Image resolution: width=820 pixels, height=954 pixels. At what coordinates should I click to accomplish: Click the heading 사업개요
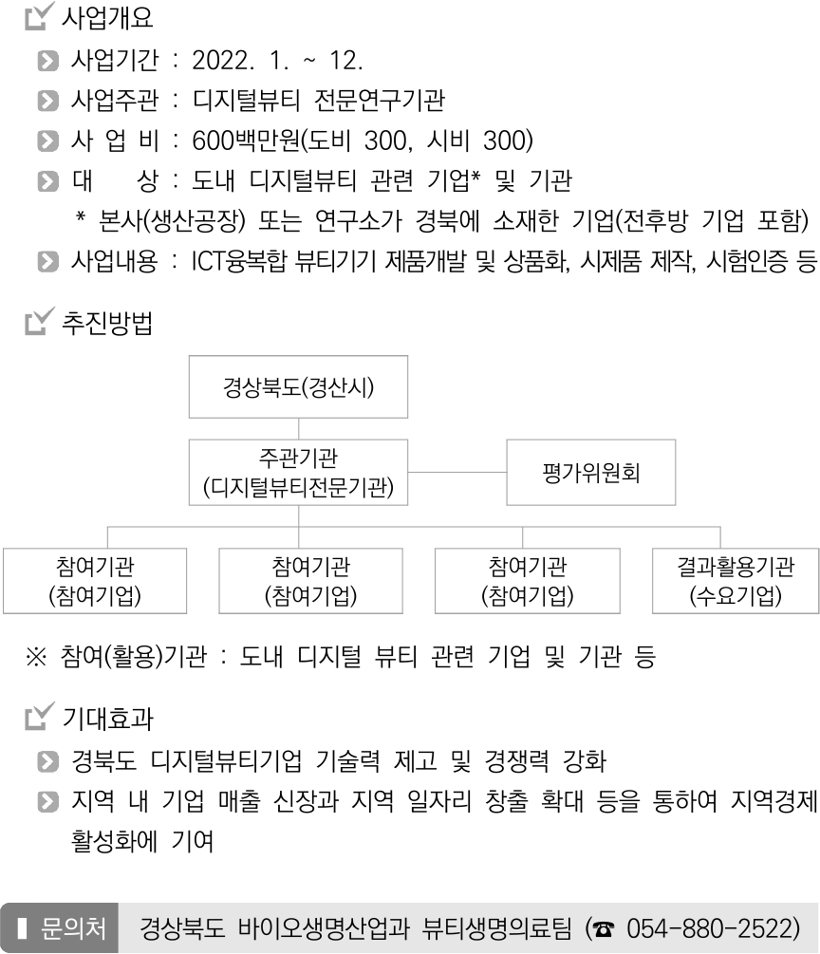pyautogui.click(x=107, y=18)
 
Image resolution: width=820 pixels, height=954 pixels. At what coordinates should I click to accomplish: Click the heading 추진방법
pyautogui.click(x=107, y=323)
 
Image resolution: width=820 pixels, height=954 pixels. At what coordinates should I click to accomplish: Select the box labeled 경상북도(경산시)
pyautogui.click(x=298, y=387)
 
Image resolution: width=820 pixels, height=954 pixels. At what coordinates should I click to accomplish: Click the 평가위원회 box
pyautogui.click(x=590, y=472)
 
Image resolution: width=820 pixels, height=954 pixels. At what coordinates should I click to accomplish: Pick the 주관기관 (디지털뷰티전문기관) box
pyautogui.click(x=298, y=472)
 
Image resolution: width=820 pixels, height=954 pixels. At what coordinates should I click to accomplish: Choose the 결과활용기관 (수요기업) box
pyautogui.click(x=736, y=581)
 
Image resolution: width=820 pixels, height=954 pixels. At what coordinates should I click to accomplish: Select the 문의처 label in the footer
pyautogui.click(x=72, y=928)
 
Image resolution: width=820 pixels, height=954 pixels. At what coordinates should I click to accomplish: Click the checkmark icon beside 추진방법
pyautogui.click(x=40, y=321)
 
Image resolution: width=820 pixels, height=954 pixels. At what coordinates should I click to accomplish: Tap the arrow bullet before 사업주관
pyautogui.click(x=48, y=101)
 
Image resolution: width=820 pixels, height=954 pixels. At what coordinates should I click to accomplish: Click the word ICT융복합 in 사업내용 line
pyautogui.click(x=238, y=262)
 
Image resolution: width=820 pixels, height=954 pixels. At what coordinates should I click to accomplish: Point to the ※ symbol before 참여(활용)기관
pyautogui.click(x=36, y=657)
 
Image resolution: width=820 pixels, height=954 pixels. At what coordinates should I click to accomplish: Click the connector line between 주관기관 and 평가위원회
pyautogui.click(x=457, y=472)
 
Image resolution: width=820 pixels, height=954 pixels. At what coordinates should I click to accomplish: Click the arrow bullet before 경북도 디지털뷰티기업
pyautogui.click(x=48, y=761)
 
